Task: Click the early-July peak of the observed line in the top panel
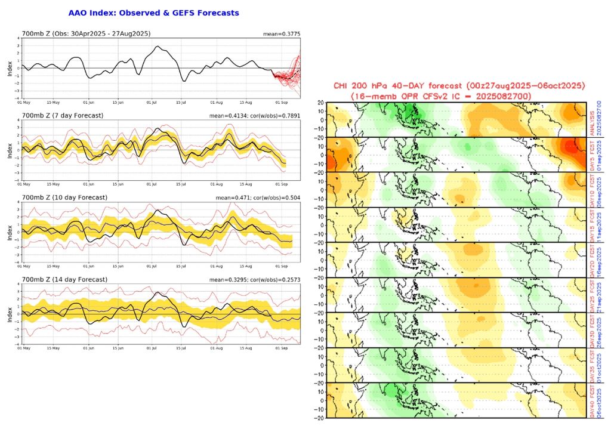coord(157,46)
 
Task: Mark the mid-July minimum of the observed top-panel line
coord(184,81)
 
